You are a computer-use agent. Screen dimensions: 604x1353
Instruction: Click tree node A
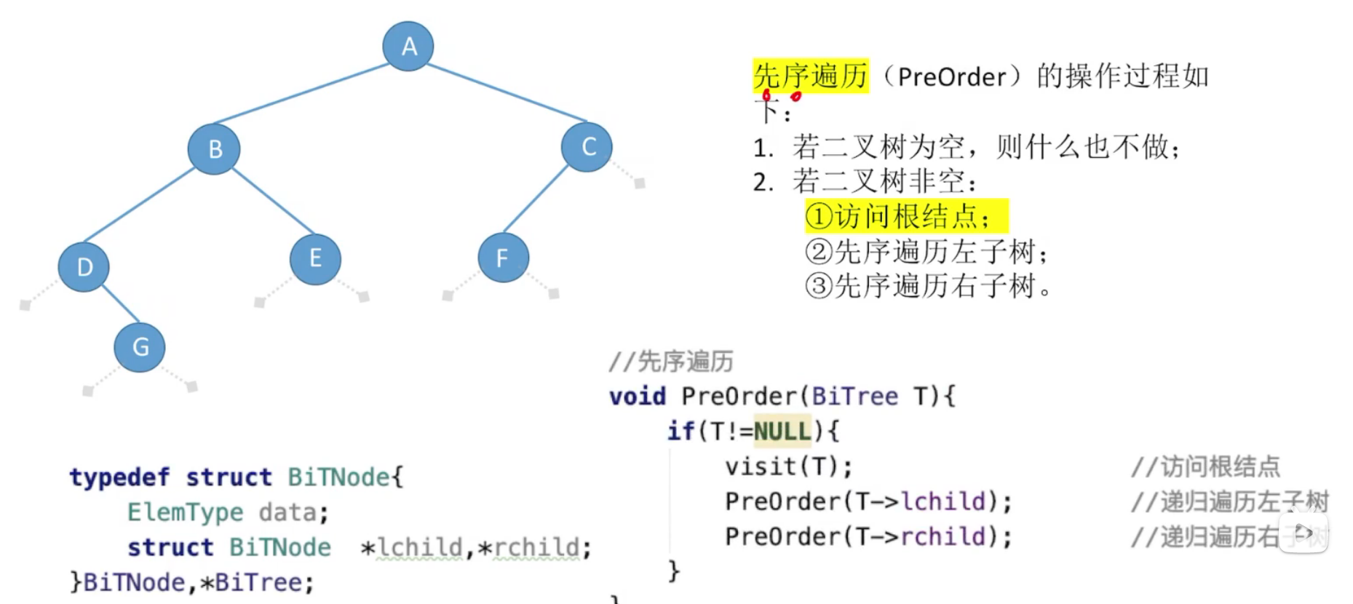pos(408,46)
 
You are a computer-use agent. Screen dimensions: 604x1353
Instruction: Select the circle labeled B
pos(214,149)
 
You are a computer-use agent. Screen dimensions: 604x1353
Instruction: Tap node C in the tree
pos(587,147)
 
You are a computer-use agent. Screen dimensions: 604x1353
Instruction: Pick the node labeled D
pos(84,267)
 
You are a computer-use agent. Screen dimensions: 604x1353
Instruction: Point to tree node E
pos(315,259)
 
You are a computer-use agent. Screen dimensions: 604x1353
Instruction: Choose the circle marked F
pos(503,258)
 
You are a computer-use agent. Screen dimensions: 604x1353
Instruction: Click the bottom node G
pos(140,347)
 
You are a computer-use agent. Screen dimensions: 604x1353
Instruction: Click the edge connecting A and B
pos(302,94)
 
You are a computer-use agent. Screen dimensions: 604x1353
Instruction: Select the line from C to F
pos(536,199)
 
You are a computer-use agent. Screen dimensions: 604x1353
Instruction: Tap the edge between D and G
pos(120,303)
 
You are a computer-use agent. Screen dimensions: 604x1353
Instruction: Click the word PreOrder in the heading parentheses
pos(951,77)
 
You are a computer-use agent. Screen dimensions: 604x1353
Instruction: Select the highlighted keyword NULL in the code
pos(782,432)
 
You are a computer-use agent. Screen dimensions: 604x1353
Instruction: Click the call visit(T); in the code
pos(788,466)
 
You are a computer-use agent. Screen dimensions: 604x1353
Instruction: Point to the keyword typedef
pos(119,477)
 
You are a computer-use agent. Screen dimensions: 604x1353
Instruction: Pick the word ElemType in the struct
pos(185,512)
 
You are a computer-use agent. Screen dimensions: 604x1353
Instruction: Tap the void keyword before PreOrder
pos(638,397)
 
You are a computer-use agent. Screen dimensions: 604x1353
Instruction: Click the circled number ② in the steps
pos(819,252)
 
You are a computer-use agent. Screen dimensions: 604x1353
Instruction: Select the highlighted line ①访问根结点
pos(906,216)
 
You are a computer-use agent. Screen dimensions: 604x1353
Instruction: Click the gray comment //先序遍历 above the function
pos(671,362)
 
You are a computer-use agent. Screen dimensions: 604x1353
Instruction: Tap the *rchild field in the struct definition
pos(533,547)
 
